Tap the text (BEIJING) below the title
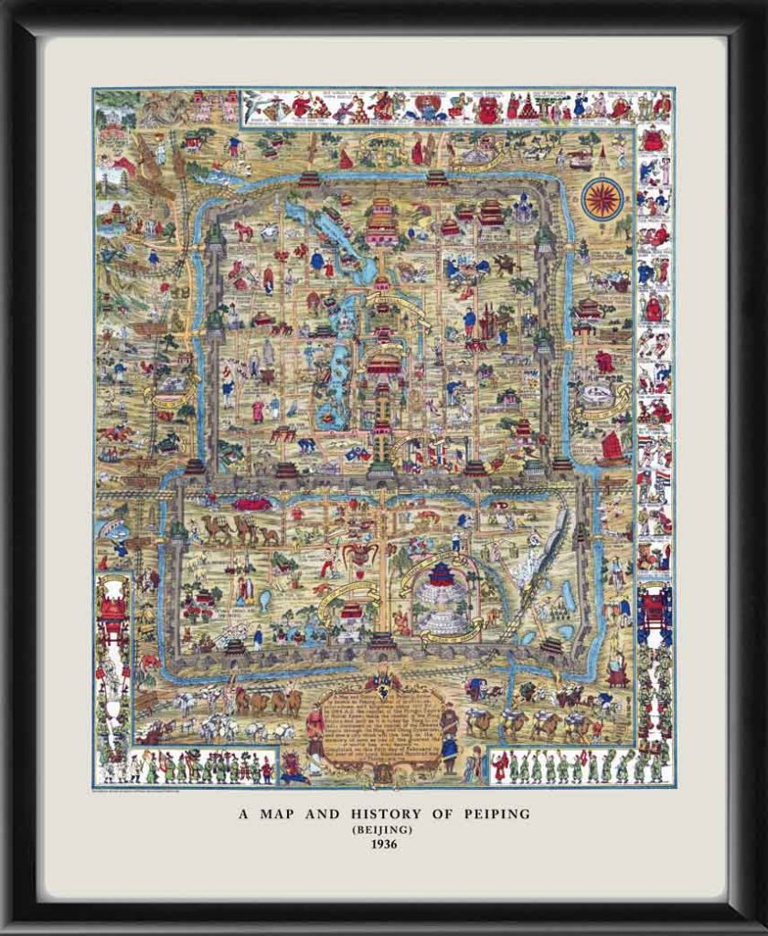click(x=384, y=829)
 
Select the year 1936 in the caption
click(x=384, y=845)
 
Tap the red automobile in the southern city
click(x=251, y=503)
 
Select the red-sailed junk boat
click(x=612, y=448)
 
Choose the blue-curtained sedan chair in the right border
click(x=655, y=608)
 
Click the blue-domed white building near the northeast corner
click(x=523, y=209)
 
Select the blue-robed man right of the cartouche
click(x=449, y=737)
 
